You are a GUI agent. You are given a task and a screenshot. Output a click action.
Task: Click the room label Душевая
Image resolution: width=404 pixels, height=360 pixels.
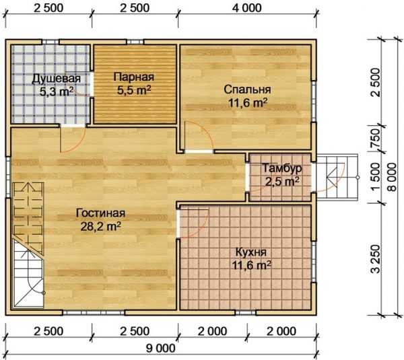[56, 79]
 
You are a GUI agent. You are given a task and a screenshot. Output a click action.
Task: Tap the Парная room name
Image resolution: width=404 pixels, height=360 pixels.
[134, 77]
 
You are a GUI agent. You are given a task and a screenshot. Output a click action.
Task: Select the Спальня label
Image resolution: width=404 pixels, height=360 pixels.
[247, 89]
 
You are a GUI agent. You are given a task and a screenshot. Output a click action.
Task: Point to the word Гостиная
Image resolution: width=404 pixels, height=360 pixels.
[101, 213]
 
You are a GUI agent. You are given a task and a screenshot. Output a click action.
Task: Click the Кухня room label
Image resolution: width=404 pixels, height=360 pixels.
[251, 252]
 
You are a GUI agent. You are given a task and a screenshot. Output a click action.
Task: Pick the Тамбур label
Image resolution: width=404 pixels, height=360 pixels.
[282, 168]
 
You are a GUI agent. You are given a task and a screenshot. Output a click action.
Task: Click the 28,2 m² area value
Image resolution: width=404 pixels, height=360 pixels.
[101, 226]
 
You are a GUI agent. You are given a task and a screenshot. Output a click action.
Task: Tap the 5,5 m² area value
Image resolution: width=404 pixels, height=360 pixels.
[134, 90]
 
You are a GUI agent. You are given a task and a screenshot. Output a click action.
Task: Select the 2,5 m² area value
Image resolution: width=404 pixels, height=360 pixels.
[282, 182]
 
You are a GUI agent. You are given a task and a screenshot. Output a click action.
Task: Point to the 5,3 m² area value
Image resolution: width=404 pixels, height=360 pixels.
[57, 91]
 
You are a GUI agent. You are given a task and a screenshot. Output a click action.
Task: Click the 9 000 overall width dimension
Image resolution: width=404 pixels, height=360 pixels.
[161, 349]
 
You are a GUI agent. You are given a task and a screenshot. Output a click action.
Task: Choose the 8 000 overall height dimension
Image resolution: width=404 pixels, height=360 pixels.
[392, 177]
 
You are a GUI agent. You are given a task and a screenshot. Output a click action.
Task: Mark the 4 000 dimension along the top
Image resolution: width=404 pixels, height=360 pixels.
[247, 8]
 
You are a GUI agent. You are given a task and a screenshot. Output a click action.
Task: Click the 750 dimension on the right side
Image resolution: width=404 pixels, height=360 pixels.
[376, 139]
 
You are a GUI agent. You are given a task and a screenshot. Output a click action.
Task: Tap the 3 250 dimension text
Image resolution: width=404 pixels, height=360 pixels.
[376, 258]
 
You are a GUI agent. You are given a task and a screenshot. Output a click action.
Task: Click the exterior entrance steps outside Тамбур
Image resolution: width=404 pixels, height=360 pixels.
[337, 177]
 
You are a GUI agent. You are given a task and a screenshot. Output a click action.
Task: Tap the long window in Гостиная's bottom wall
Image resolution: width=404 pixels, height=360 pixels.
[94, 313]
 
